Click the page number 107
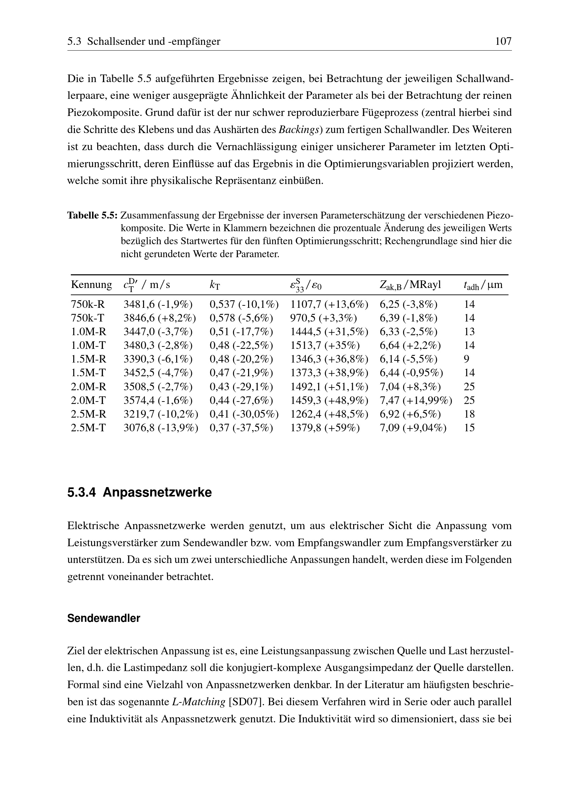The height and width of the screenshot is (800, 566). point(503,41)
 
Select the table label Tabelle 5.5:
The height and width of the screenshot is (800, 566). point(92,215)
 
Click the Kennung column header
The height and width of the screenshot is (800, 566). point(91,285)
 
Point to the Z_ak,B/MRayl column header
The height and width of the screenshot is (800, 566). point(410,285)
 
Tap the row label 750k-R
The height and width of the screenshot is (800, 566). point(88,304)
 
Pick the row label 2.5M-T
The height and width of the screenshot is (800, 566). point(88,428)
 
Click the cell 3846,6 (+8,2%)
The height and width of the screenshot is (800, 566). point(159,318)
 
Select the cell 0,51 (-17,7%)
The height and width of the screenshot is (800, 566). point(241,331)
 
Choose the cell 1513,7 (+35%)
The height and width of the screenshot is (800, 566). point(325,345)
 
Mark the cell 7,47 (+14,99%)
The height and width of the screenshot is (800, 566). point(416,400)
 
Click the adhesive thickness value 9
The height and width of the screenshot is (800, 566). point(466,359)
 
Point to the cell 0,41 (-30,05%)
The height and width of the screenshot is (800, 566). point(244,414)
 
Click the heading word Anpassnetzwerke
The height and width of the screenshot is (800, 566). point(157,492)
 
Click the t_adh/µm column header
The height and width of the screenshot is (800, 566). point(483,285)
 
